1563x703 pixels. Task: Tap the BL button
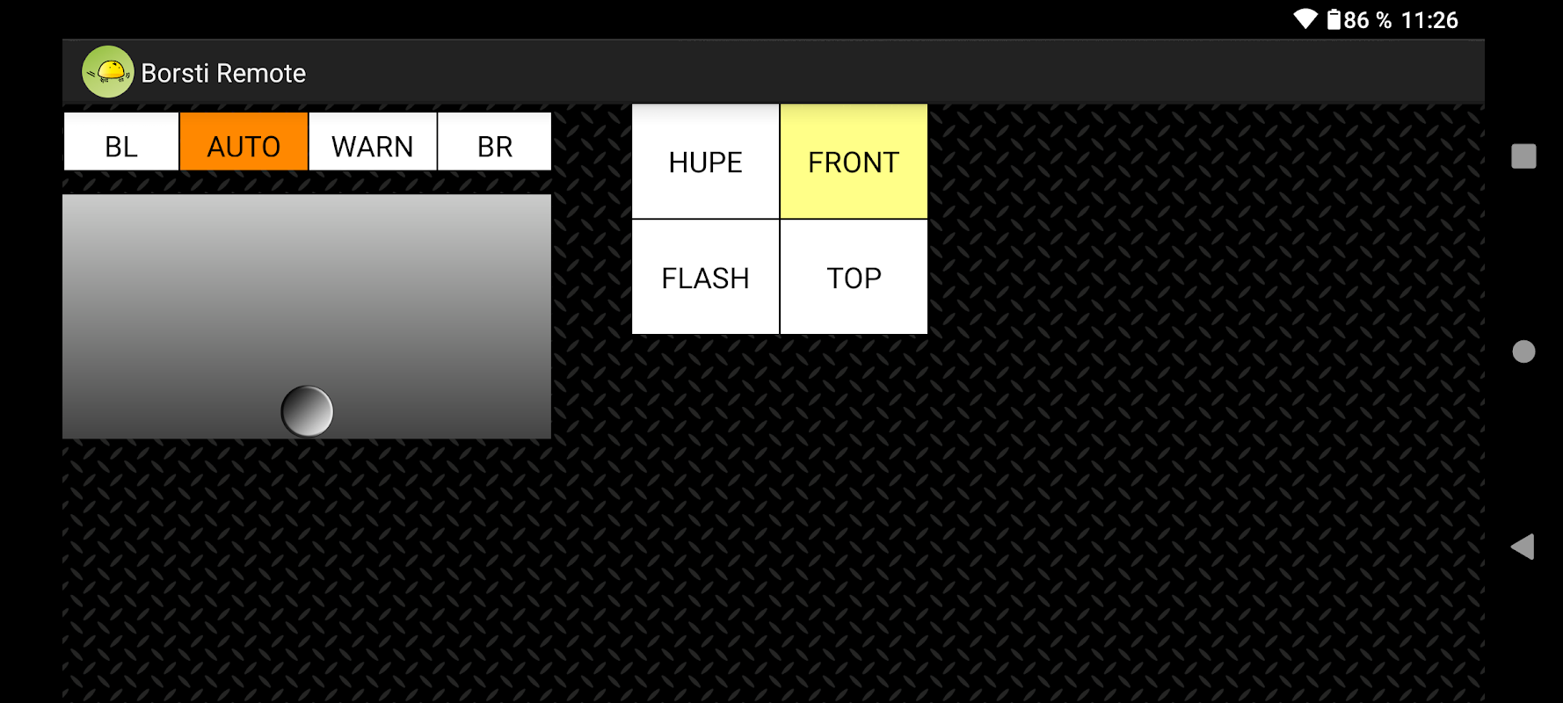121,141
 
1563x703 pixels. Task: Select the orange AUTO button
244,141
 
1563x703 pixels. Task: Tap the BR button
494,141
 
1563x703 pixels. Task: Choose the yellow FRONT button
854,162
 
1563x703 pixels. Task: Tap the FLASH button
705,278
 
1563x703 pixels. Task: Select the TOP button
854,278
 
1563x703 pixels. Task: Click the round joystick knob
307,411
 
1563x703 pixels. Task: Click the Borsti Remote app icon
107,72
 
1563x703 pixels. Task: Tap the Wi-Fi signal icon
1305,19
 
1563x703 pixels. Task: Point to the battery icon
1334,19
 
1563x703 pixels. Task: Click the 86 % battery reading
1368,20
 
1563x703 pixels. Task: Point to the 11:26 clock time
1429,20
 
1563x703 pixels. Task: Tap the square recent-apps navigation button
1523,156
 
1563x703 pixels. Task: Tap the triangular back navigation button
1523,547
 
